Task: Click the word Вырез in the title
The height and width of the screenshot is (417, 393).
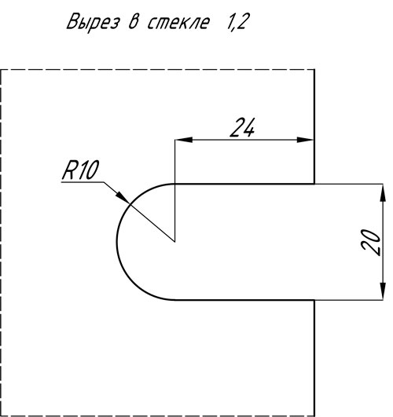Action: point(93,22)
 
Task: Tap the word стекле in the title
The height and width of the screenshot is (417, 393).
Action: point(178,22)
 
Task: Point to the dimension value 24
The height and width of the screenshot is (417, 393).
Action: point(242,128)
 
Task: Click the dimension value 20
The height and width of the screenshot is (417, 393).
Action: point(371,242)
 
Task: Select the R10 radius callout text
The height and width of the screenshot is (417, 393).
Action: point(80,170)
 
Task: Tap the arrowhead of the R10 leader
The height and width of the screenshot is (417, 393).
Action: point(123,197)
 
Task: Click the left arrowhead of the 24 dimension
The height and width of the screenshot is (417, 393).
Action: point(184,140)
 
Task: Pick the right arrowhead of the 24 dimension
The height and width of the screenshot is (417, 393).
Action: point(306,140)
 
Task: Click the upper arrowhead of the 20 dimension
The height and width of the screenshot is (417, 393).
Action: point(383,193)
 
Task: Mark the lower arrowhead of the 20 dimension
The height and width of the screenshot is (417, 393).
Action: point(383,291)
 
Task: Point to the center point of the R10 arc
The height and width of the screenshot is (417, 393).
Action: point(174,242)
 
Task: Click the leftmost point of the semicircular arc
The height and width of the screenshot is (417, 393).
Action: point(116,242)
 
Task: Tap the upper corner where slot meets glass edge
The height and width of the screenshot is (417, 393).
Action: point(314,184)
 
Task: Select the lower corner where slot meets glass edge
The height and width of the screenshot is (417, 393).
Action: point(314,300)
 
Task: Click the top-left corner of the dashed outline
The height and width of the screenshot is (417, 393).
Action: point(1,70)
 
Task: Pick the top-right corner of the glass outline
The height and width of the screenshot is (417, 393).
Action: point(314,70)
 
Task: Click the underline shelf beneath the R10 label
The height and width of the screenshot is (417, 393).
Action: point(83,182)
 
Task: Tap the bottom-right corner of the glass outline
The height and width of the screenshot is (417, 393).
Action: point(314,415)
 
